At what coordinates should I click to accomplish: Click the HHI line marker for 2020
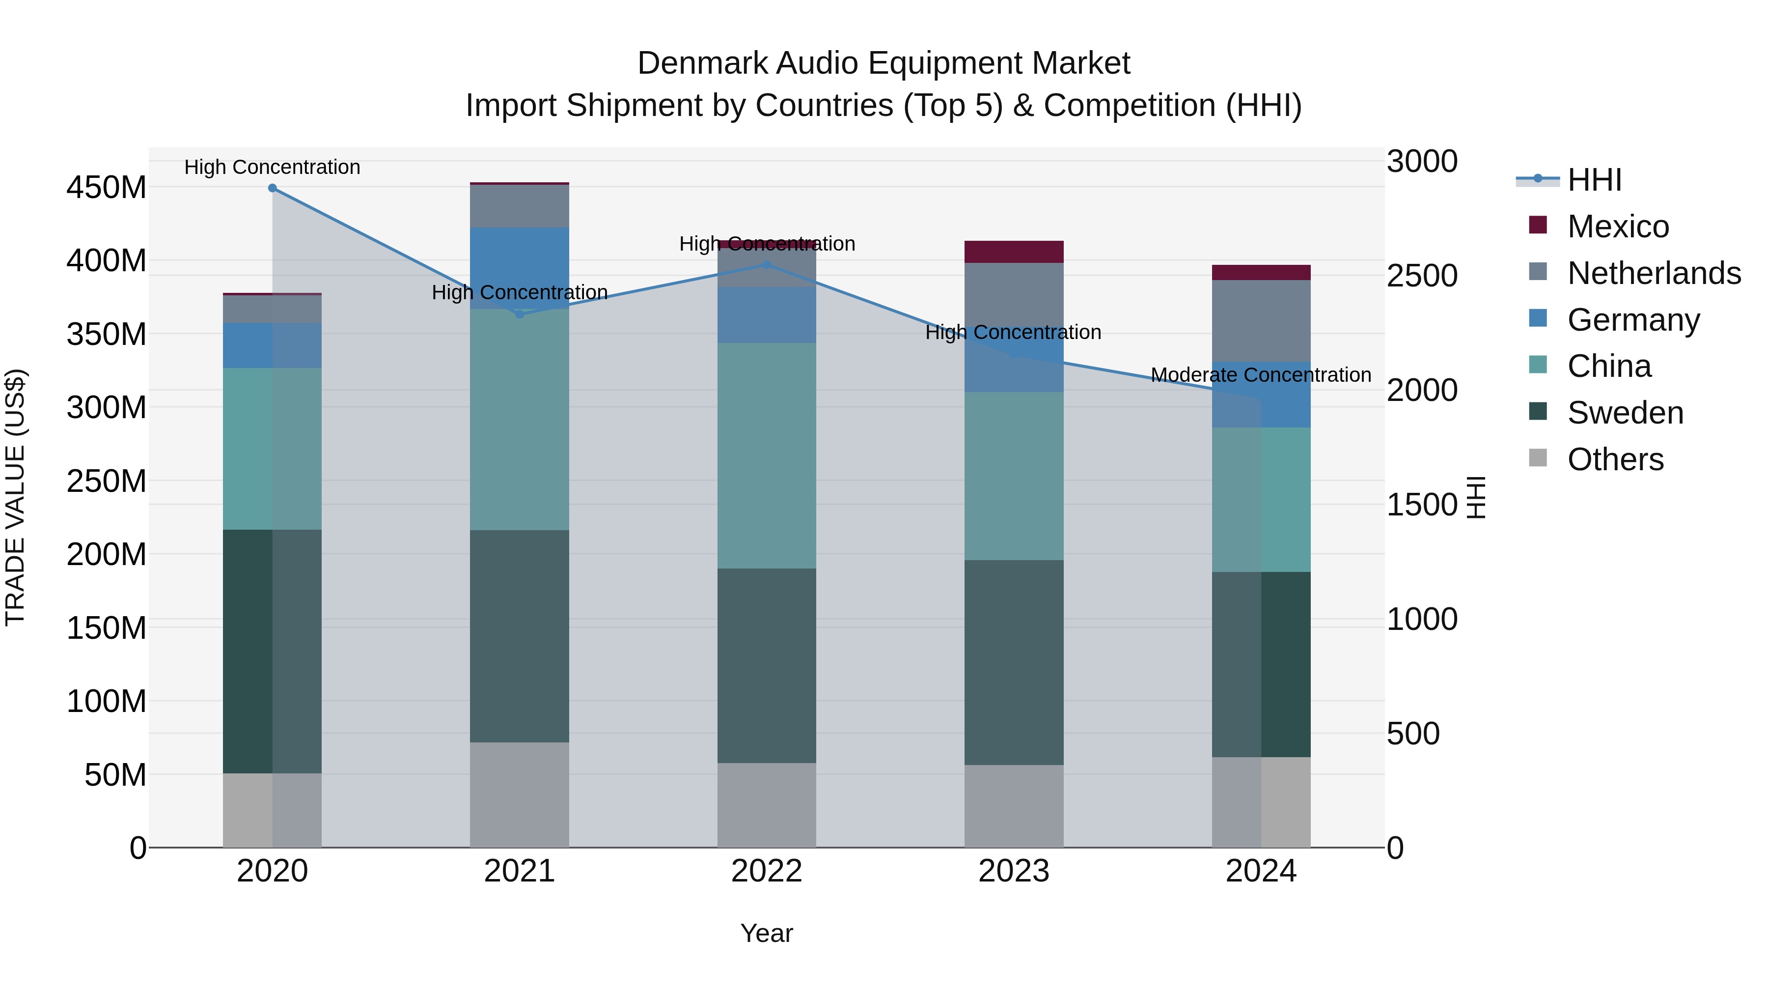pyautogui.click(x=273, y=188)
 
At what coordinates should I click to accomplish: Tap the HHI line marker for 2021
pyautogui.click(x=520, y=314)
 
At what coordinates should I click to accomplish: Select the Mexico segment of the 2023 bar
pyautogui.click(x=1014, y=252)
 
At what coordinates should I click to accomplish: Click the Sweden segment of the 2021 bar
pyautogui.click(x=520, y=636)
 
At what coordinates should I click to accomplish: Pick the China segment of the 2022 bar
pyautogui.click(x=767, y=455)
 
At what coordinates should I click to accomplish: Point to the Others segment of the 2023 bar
pyautogui.click(x=1014, y=806)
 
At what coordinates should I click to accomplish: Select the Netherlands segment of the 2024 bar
pyautogui.click(x=1261, y=321)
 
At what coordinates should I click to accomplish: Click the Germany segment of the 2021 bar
pyautogui.click(x=520, y=268)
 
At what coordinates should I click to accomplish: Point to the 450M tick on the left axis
pyautogui.click(x=107, y=188)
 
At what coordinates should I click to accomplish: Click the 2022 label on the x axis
pyautogui.click(x=767, y=871)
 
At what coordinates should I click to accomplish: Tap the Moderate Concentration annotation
pyautogui.click(x=1261, y=375)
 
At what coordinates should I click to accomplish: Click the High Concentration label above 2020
pyautogui.click(x=273, y=167)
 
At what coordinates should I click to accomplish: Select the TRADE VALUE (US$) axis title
pyautogui.click(x=15, y=497)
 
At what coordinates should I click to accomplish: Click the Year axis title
pyautogui.click(x=767, y=933)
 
